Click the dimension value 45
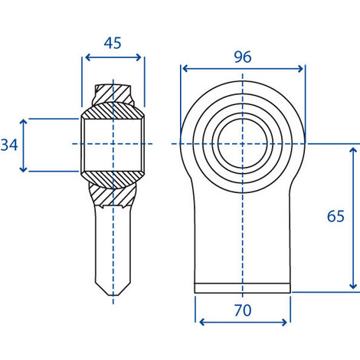(113, 43)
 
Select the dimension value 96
(243, 57)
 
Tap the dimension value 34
(9, 145)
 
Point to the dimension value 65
(335, 216)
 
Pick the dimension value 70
(243, 310)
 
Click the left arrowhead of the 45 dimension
(87, 57)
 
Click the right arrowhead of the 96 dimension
(300, 68)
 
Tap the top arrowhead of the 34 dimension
(23, 122)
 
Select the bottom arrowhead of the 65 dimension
(353, 286)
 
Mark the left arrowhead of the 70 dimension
(201, 322)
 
